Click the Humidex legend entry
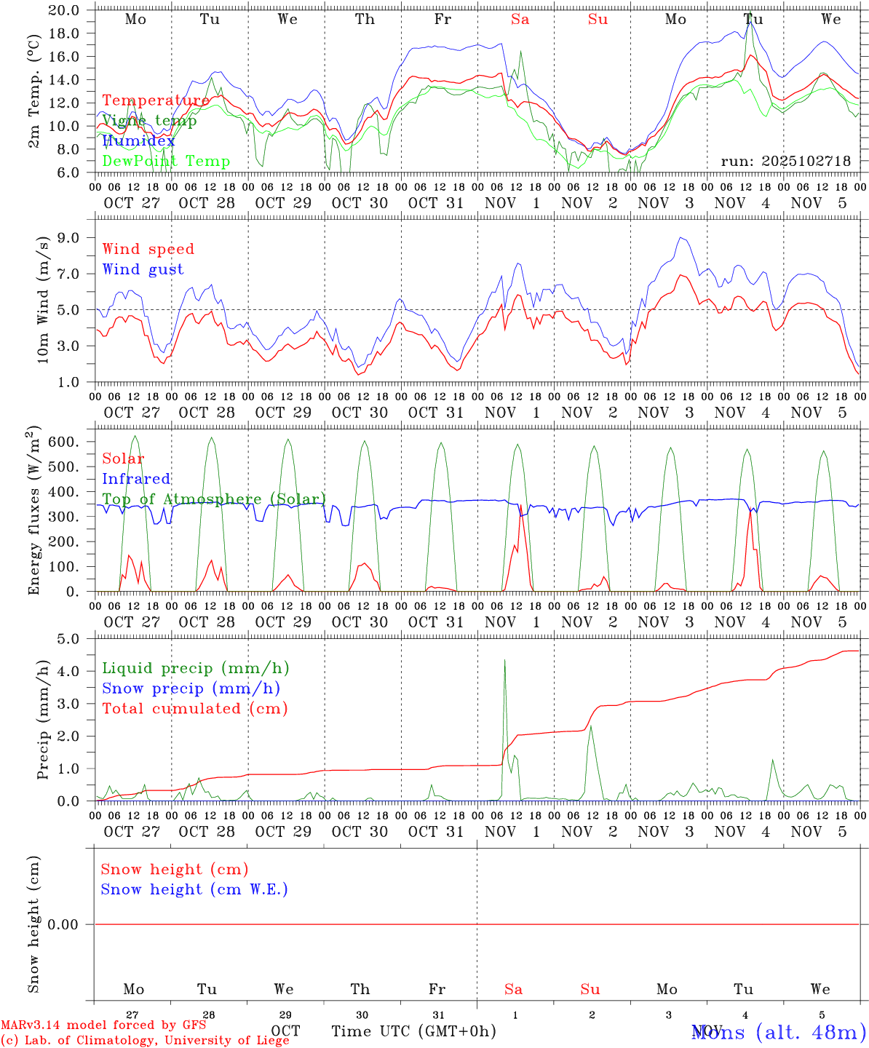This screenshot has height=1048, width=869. [138, 141]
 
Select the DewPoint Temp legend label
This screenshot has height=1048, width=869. [166, 162]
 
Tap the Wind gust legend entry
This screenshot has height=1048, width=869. [143, 269]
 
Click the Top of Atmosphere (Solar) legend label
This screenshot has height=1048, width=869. [214, 499]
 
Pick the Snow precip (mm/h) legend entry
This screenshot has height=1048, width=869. [191, 688]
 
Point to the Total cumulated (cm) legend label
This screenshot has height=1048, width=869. [194, 709]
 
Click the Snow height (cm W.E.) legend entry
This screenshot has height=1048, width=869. [194, 889]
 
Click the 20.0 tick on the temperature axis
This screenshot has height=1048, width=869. [66, 10]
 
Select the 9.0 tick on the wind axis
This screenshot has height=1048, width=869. [71, 238]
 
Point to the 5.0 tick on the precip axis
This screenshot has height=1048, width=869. [71, 639]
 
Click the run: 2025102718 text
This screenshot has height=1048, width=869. [785, 162]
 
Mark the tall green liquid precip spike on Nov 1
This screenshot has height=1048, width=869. [504, 661]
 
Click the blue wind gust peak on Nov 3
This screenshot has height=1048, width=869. [680, 238]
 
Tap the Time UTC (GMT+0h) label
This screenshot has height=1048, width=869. [413, 1031]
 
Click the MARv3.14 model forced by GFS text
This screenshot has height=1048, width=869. [103, 1025]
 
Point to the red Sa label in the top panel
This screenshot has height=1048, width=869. [520, 20]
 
